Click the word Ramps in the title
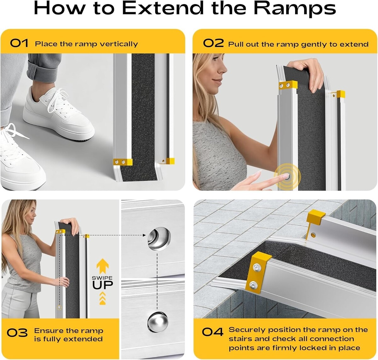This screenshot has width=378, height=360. point(294,9)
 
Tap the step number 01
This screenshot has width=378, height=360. point(19,43)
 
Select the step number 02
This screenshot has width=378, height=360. point(214,43)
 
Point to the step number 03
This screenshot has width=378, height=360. point(17,333)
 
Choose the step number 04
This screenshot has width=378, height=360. point(212,332)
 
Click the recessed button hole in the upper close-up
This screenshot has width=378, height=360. point(159,239)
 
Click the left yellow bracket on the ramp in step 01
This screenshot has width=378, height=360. point(123,162)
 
